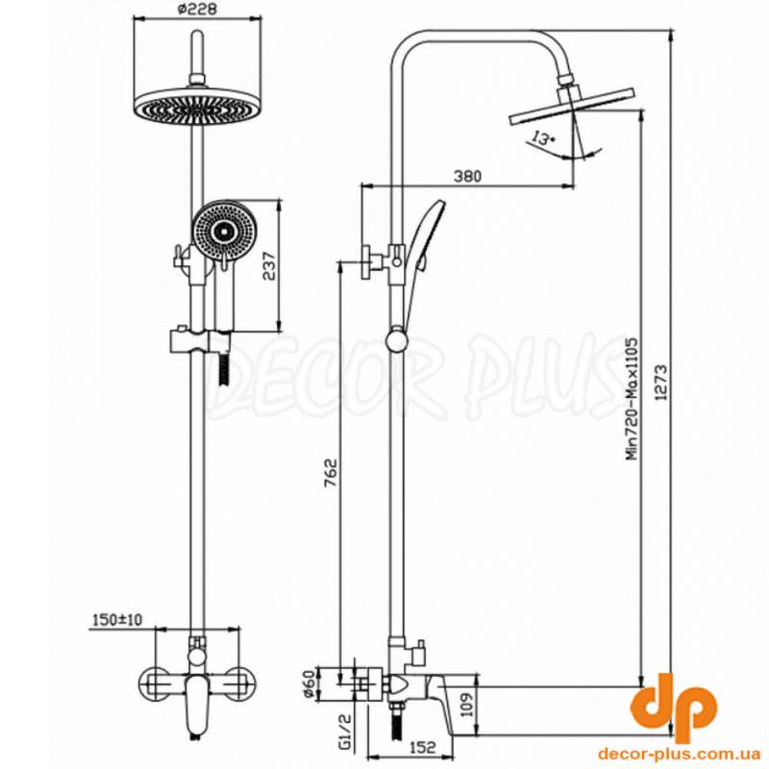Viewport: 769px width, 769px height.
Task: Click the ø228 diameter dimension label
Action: pos(196,9)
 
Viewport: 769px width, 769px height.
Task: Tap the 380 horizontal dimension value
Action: pos(467,176)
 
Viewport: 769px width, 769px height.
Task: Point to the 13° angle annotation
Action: pos(542,138)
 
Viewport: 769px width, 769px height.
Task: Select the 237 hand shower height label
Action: pos(269,265)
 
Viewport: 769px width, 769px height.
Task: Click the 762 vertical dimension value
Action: pos(331,474)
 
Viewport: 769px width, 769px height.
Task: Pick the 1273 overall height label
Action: pos(661,383)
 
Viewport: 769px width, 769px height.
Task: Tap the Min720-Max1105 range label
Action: pos(633,398)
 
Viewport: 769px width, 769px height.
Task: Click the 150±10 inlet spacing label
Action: pos(117,620)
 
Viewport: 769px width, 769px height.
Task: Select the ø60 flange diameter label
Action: pos(309,684)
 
